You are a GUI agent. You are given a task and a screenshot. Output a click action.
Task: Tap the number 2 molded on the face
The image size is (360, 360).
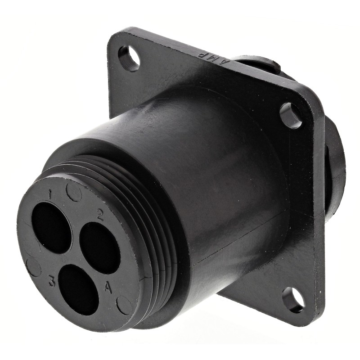(100, 215)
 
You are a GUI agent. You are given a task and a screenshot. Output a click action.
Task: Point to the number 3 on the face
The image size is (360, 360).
(52, 282)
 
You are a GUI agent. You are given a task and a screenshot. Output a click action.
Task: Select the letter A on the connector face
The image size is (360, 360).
(108, 287)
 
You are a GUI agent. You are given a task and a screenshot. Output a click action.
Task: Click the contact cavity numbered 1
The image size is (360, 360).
(51, 227)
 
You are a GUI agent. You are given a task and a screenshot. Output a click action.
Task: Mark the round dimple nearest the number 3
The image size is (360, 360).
(34, 267)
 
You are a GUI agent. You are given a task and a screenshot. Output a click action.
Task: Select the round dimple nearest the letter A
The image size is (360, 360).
(124, 306)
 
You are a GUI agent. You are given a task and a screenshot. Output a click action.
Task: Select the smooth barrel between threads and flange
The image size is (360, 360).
(225, 180)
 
